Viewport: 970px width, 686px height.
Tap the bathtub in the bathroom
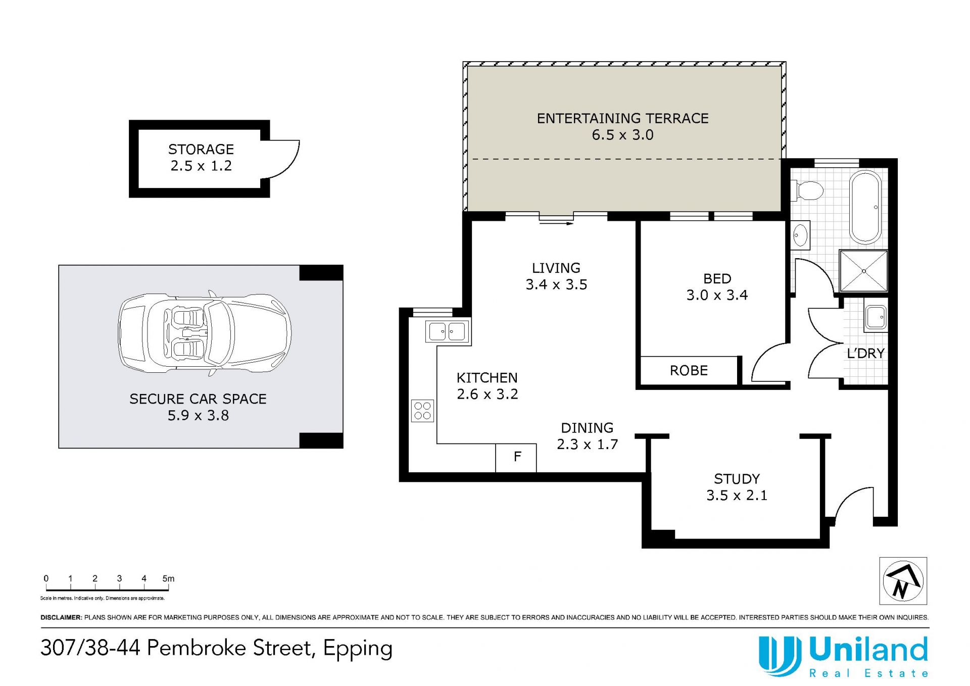[865, 207]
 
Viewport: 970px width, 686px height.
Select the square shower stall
[863, 271]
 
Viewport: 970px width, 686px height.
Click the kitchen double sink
[448, 332]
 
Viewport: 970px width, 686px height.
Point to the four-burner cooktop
[422, 411]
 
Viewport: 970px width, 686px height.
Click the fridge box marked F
[516, 458]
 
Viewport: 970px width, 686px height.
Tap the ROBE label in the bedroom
[689, 371]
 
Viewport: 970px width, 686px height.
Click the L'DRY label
[865, 354]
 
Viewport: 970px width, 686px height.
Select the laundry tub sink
[876, 317]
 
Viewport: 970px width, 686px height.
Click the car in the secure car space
[205, 333]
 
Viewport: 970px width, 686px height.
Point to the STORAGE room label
[201, 150]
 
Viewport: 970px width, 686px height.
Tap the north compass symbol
[903, 581]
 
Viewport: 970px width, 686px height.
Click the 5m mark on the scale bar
[168, 579]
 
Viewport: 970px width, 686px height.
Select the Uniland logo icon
[780, 656]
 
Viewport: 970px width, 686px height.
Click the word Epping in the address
[358, 649]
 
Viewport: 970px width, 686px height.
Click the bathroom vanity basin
[800, 235]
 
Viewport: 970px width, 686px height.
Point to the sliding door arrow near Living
[556, 223]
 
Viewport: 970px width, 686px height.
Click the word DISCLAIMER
[61, 617]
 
